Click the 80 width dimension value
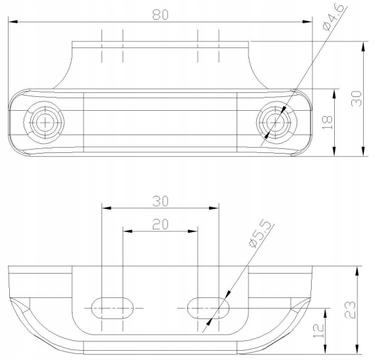[x=160, y=15]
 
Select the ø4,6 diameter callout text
[x=333, y=16]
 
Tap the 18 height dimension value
[x=327, y=123]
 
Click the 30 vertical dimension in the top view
[x=357, y=98]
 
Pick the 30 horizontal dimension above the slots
[x=160, y=201]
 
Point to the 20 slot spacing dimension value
[x=160, y=224]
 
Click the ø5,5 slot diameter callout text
[x=260, y=233]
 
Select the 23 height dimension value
[x=350, y=310]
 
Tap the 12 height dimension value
[x=318, y=331]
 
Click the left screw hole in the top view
[x=44, y=123]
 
